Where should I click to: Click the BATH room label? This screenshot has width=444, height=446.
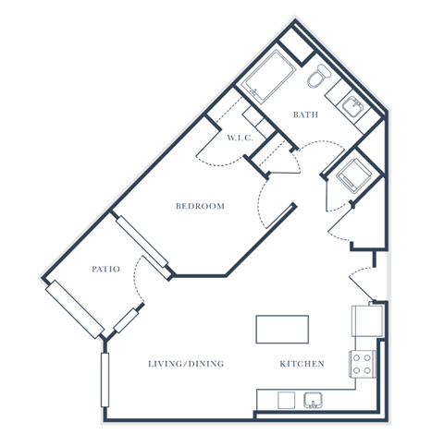click(x=305, y=115)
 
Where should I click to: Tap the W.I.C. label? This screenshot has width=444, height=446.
click(x=240, y=138)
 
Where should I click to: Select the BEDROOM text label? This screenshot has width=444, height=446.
click(x=200, y=206)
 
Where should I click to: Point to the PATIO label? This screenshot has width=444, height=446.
click(x=105, y=269)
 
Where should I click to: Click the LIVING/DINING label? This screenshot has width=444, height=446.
click(x=186, y=364)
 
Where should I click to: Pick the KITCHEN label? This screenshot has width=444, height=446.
click(x=302, y=364)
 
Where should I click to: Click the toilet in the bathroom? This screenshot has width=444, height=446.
click(x=319, y=76)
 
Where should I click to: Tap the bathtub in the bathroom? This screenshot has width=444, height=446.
click(x=268, y=76)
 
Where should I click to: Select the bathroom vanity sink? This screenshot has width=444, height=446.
click(x=353, y=106)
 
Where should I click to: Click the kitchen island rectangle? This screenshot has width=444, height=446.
click(x=282, y=330)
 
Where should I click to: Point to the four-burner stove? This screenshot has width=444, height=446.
click(x=363, y=364)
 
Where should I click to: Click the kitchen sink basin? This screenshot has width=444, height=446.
click(x=313, y=400)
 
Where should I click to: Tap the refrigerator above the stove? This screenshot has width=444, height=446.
click(x=367, y=320)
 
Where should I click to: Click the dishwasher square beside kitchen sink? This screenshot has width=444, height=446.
click(x=287, y=400)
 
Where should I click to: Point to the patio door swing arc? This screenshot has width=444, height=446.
click(x=135, y=279)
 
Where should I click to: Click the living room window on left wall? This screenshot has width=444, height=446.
click(x=105, y=380)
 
